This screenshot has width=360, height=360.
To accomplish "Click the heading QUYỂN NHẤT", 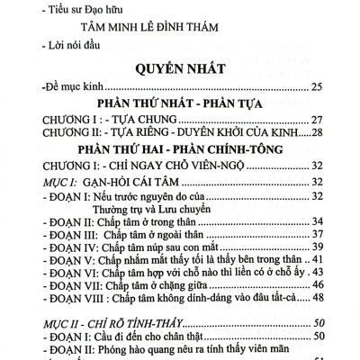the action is click(x=180, y=67).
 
